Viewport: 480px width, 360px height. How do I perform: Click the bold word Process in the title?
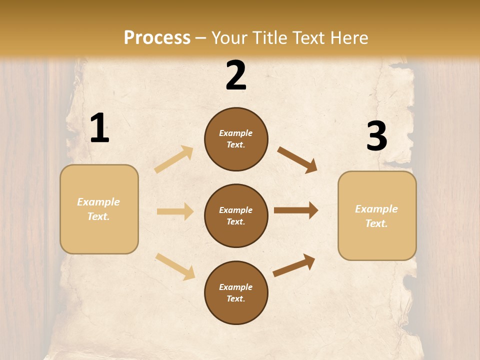click(157, 38)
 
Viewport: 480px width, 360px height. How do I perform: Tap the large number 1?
click(99, 128)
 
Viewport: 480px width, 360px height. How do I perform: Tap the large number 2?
click(236, 75)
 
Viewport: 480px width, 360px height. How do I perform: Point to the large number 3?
click(376, 136)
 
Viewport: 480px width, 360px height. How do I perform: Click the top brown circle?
click(236, 139)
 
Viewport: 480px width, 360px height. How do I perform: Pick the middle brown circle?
click(236, 215)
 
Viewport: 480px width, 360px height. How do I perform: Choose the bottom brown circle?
click(236, 292)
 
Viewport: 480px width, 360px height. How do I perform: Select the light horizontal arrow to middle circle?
click(175, 211)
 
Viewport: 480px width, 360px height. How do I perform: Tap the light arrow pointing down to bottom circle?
click(175, 266)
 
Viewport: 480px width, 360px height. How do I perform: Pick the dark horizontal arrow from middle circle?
click(296, 210)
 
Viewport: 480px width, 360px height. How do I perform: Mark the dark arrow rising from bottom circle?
click(294, 265)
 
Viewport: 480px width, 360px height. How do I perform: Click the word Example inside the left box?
click(98, 202)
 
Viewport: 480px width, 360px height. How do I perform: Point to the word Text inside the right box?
click(376, 223)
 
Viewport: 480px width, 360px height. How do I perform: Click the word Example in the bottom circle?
click(235, 287)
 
